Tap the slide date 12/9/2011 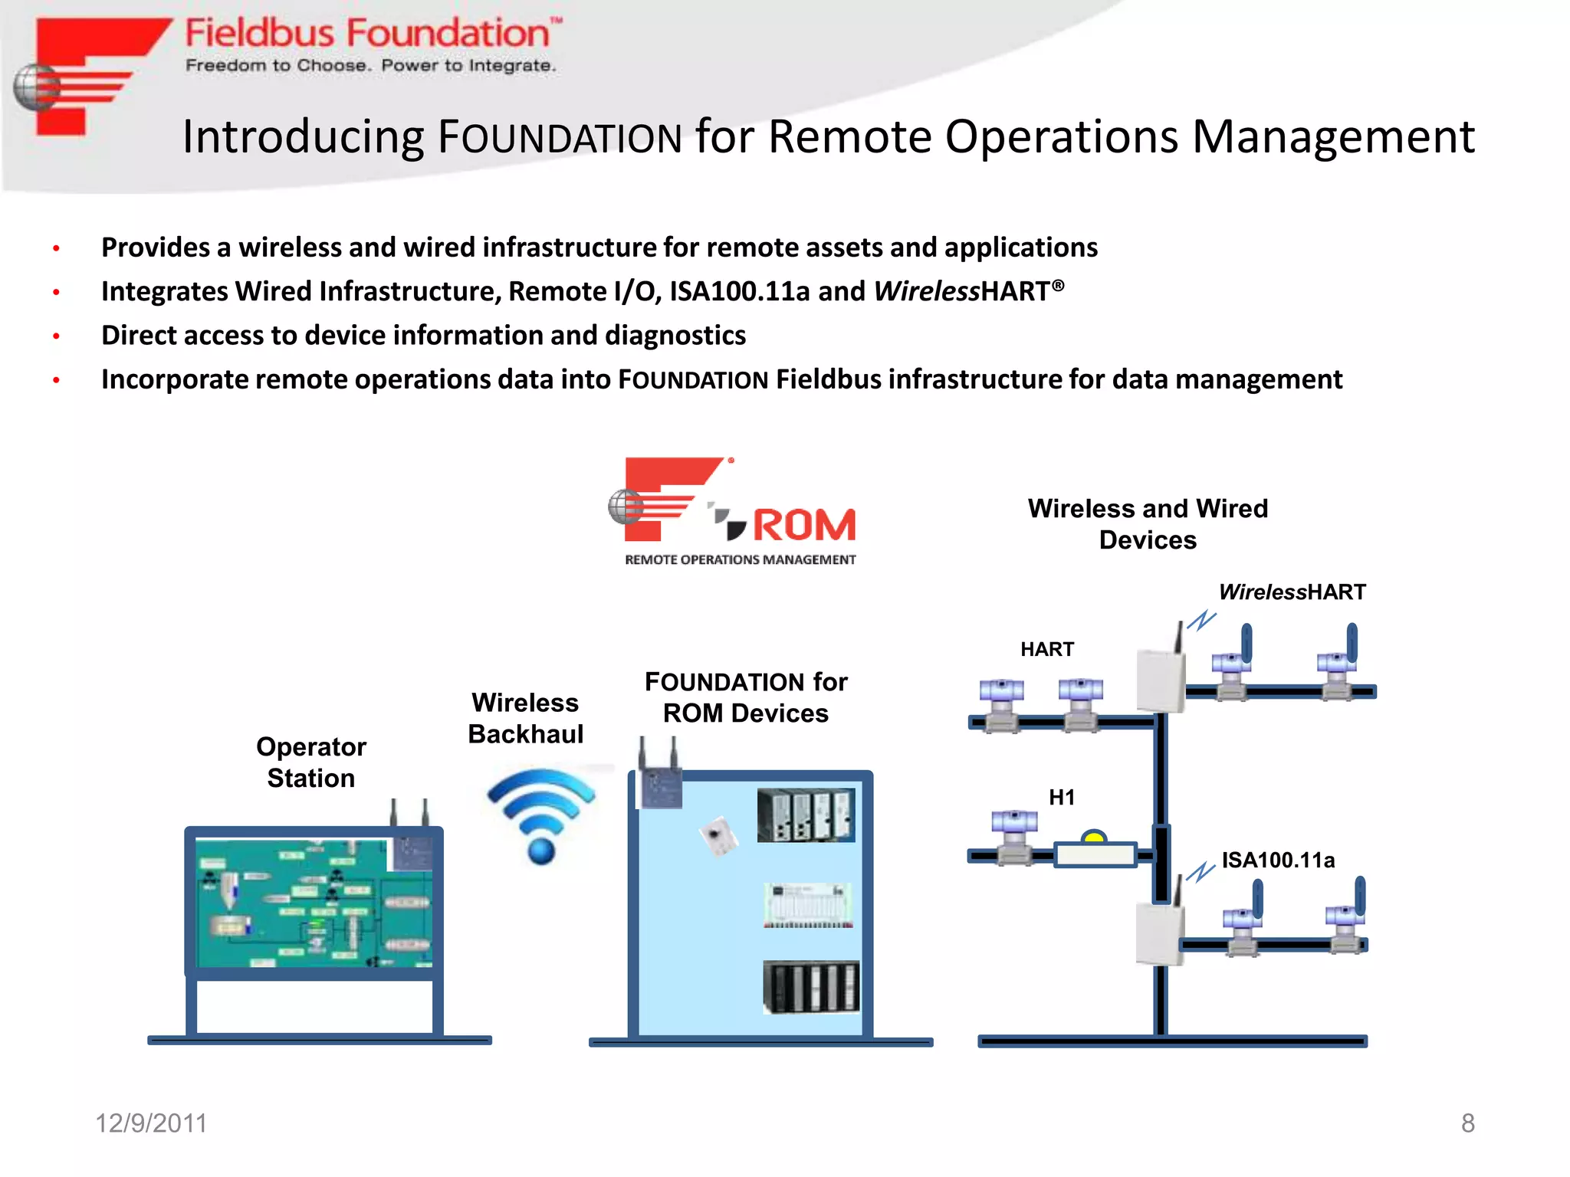(151, 1123)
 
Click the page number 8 (1467, 1123)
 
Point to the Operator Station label (311, 762)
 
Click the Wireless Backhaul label (526, 718)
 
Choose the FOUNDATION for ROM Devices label (746, 697)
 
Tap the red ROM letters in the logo (803, 526)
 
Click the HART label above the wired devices (1047, 650)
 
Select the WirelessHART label (1292, 592)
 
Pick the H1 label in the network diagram (1062, 798)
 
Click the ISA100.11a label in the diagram (1278, 861)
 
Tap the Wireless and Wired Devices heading (1148, 524)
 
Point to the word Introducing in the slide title (303, 137)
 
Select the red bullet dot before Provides (56, 248)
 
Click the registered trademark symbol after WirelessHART (1058, 286)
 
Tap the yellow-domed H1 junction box (1095, 851)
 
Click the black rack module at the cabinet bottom (811, 987)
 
